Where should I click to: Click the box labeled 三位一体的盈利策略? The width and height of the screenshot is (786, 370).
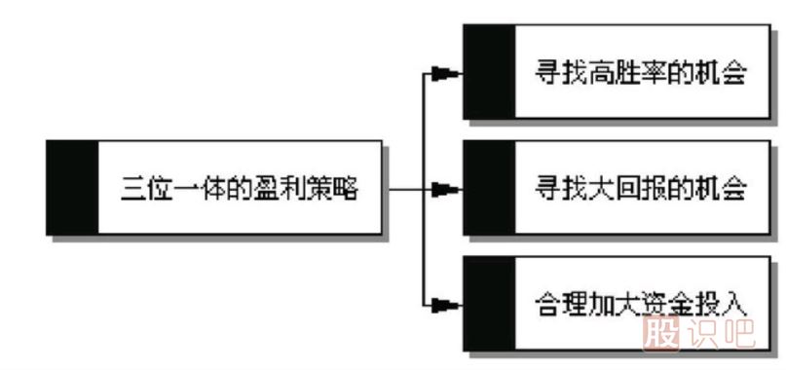(x=240, y=187)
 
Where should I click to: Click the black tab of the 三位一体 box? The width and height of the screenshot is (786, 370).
(x=72, y=187)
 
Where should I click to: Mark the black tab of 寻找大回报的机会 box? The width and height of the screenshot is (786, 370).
(x=489, y=187)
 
